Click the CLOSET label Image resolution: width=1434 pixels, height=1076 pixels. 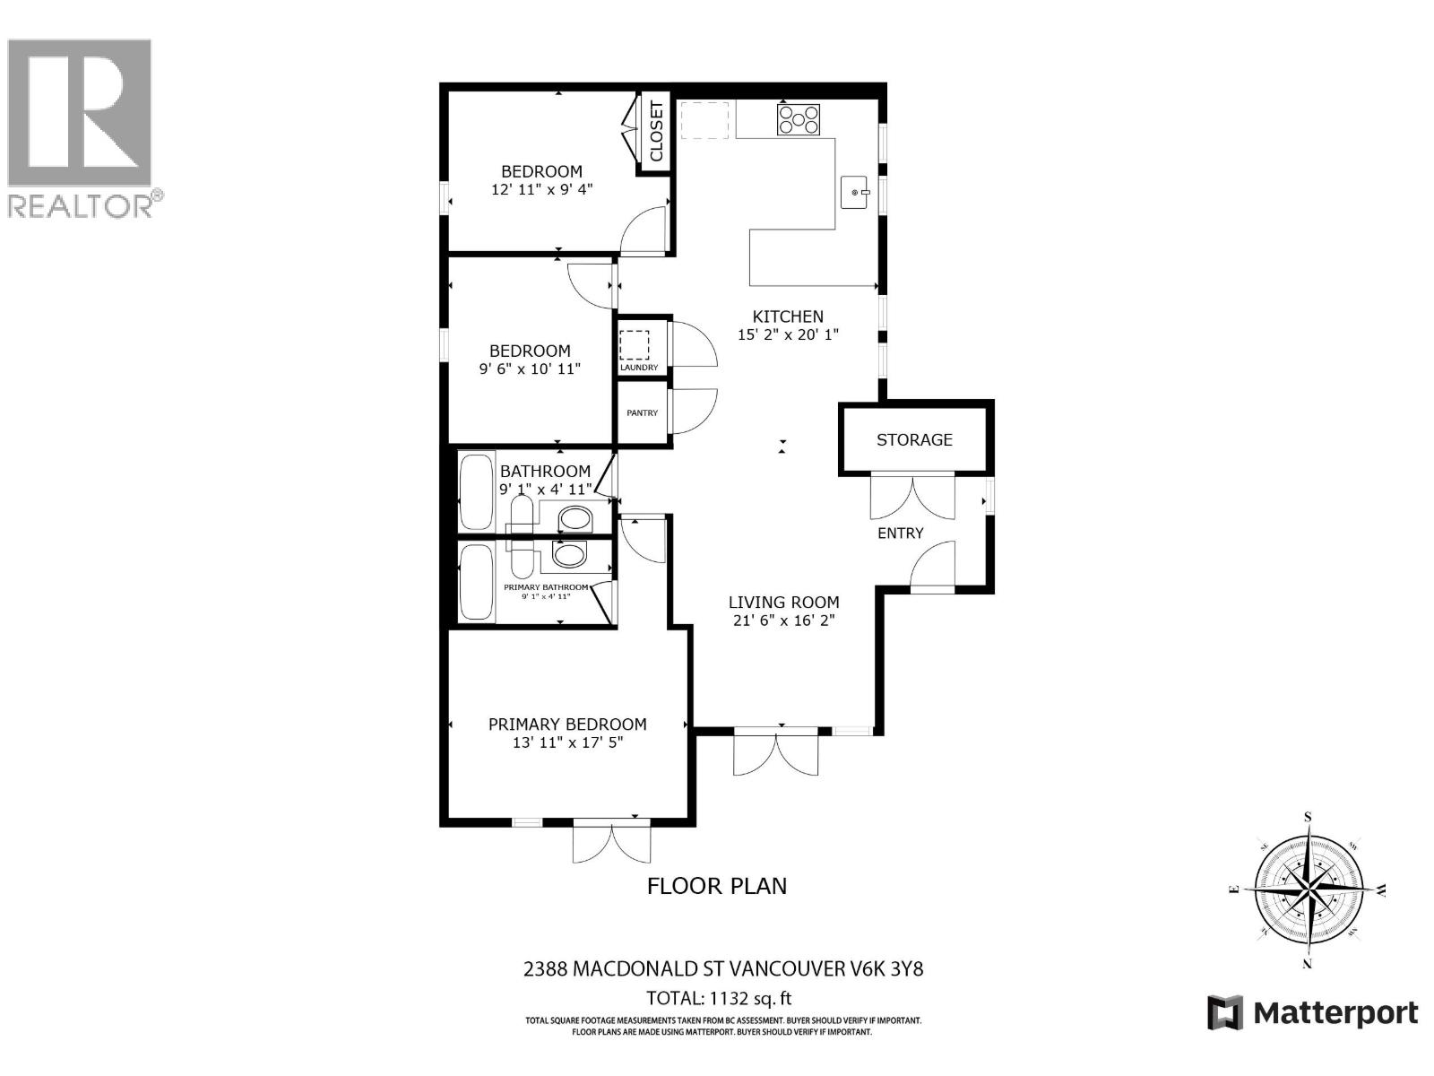[656, 133]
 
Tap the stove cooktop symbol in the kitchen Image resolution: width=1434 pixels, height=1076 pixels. [798, 119]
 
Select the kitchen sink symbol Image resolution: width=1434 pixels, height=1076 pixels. [855, 192]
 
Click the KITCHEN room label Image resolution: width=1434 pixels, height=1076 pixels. [787, 317]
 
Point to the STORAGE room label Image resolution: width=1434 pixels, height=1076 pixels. [914, 439]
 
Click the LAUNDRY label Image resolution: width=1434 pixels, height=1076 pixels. [639, 368]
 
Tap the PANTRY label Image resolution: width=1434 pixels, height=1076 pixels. [642, 413]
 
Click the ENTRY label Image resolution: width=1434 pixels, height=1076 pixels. [900, 533]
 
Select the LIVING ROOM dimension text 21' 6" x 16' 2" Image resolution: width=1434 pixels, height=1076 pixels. [783, 620]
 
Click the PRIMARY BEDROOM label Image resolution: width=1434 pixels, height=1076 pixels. [566, 724]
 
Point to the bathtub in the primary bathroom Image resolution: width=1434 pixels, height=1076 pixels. [476, 583]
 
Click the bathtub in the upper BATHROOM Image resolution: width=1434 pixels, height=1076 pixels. [476, 491]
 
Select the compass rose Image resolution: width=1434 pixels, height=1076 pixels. [1308, 890]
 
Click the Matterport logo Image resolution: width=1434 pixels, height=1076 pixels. [1312, 1013]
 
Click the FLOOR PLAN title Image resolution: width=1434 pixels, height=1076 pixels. [717, 886]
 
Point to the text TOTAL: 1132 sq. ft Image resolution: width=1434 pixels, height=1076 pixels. [719, 998]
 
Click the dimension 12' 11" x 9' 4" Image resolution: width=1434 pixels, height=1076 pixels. [541, 190]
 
